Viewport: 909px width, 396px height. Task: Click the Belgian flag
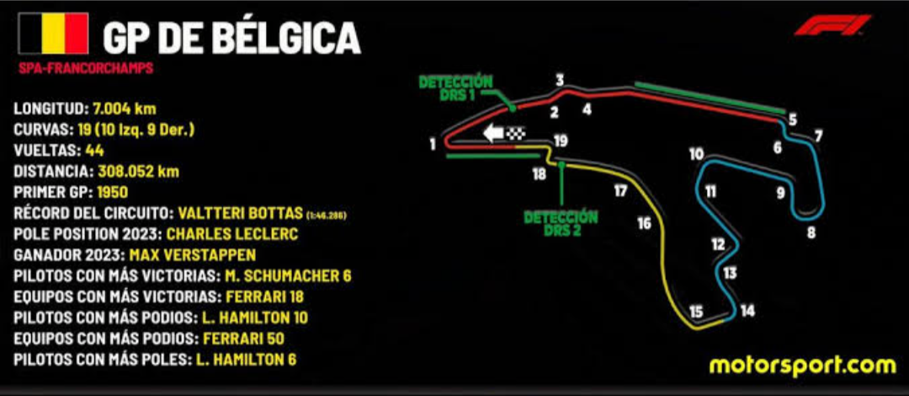point(54,34)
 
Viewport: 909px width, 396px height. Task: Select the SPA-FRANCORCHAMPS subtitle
point(85,68)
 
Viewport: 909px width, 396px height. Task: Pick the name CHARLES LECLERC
point(227,233)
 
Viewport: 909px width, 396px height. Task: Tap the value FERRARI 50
point(242,339)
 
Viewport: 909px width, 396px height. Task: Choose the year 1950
point(113,192)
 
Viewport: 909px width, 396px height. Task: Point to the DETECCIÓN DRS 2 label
point(561,223)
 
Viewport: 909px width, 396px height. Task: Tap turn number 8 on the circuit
point(811,233)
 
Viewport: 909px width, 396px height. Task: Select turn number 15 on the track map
point(696,312)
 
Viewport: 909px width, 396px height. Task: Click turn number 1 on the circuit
point(432,144)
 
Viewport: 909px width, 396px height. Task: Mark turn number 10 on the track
point(695,154)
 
